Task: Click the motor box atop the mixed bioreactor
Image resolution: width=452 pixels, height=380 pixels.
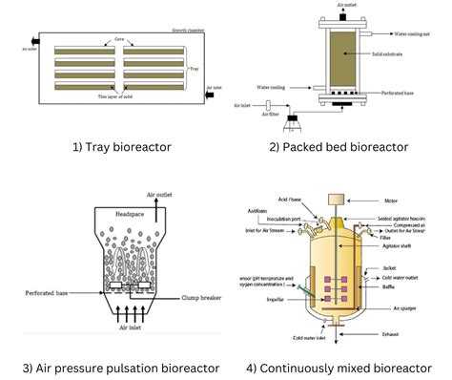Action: [x=336, y=201]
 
